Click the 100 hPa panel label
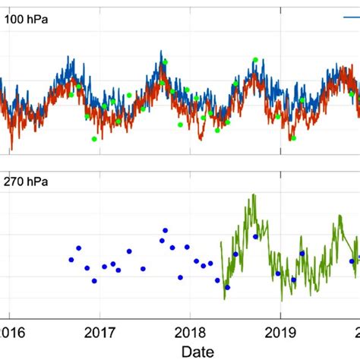(27, 21)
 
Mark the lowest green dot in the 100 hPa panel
(94, 139)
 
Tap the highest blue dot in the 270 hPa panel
(166, 230)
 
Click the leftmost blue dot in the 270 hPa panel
(71, 260)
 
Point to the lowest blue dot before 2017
(94, 280)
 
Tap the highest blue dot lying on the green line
(255, 237)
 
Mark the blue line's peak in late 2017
(161, 52)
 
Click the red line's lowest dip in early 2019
(292, 139)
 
